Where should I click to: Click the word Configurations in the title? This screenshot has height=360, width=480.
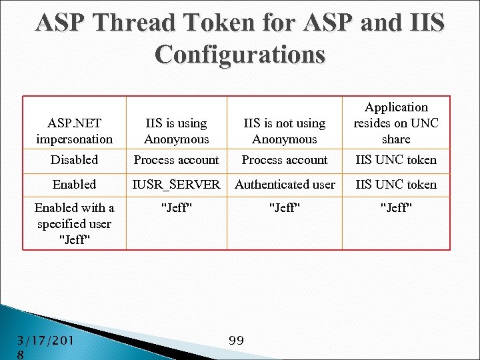240,53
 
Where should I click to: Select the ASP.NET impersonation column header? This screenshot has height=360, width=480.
75,131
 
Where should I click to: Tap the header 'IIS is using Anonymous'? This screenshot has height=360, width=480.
177,131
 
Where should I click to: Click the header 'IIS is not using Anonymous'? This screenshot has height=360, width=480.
285,131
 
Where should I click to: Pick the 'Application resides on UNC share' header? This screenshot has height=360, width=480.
396,123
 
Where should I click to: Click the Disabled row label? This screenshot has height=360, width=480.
75,160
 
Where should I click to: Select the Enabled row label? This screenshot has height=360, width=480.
75,185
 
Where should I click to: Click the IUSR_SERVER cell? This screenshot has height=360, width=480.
177,185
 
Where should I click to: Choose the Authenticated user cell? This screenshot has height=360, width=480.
285,185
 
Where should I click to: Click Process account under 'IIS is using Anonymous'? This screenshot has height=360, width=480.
177,160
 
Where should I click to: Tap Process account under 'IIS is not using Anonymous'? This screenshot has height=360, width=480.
285,160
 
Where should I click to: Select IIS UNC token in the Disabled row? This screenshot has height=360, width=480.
396,160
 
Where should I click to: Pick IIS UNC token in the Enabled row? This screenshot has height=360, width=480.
396,185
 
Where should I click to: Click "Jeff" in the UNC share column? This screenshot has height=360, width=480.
396,208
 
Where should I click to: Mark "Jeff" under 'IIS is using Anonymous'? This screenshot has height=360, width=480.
177,208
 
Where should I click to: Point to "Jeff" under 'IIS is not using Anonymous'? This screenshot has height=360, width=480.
285,208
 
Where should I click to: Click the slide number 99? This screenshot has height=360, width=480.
236,341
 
